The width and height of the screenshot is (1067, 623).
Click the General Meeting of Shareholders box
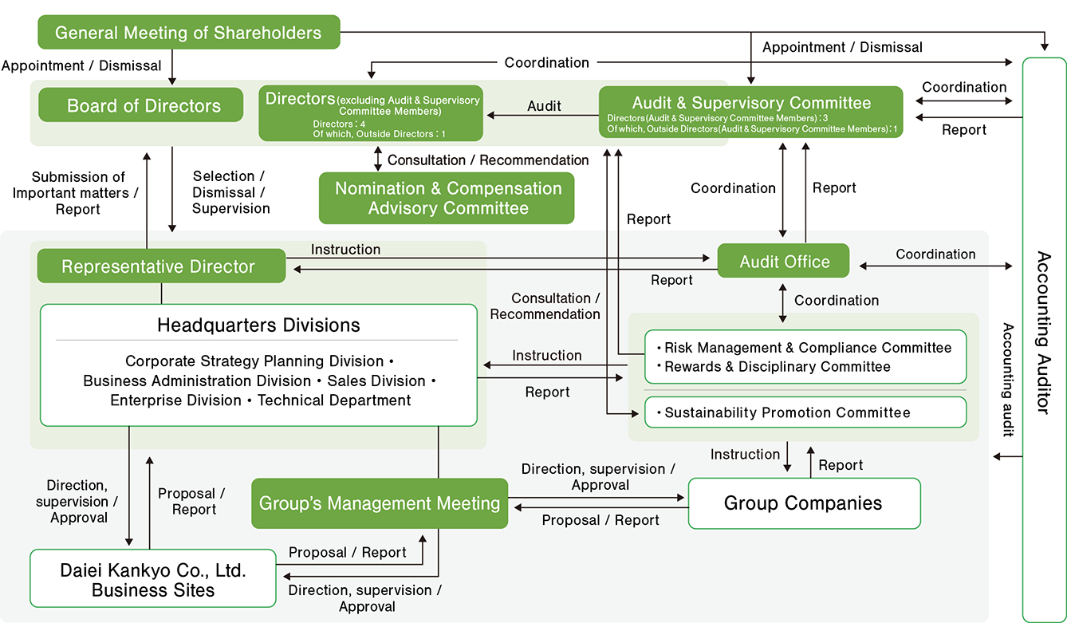189,33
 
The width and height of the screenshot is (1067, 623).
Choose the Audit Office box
784,262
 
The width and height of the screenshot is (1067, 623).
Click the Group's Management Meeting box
380,503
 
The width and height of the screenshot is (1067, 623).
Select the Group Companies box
803,503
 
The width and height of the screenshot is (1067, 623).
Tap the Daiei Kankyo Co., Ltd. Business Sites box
152,580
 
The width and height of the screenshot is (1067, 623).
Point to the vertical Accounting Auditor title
1043,332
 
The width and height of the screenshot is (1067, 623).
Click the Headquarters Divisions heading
258,325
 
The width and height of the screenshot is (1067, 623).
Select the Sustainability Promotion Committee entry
786,412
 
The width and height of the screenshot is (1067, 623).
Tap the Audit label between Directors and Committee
544,105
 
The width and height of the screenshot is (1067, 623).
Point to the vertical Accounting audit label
1007,380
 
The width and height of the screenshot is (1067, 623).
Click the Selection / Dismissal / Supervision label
230,192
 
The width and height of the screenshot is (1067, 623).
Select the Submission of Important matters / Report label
78,193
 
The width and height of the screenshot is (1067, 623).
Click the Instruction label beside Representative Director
345,250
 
